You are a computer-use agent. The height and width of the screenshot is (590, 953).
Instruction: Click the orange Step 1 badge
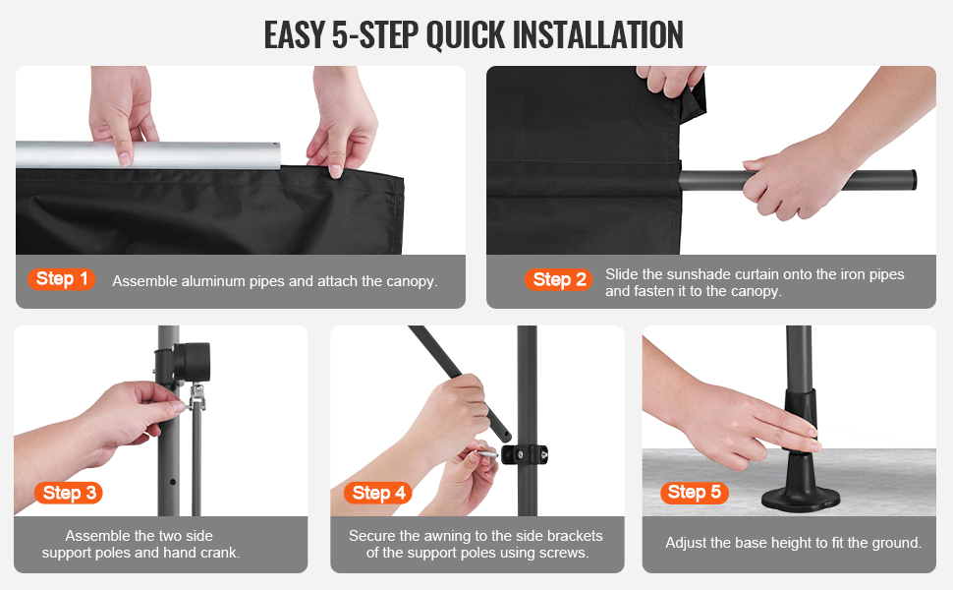[x=61, y=279]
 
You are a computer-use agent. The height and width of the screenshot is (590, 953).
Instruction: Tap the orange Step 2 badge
[x=559, y=280]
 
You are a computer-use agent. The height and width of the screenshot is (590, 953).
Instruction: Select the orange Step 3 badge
[x=69, y=493]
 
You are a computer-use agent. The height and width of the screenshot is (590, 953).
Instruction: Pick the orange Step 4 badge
[x=378, y=493]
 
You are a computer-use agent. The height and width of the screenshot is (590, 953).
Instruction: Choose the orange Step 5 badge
[x=694, y=492]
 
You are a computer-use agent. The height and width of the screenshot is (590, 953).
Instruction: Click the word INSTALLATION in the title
[x=598, y=34]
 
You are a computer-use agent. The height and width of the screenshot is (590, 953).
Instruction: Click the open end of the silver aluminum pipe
[x=276, y=155]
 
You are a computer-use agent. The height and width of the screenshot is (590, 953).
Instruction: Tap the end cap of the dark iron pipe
[x=913, y=180]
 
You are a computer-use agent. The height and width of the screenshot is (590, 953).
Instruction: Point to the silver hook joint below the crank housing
[x=196, y=396]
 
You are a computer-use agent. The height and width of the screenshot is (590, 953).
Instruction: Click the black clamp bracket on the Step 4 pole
[x=525, y=453]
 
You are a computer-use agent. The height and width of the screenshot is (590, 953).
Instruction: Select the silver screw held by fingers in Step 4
[x=487, y=453]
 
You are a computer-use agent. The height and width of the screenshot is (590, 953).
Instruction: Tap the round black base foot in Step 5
[x=802, y=497]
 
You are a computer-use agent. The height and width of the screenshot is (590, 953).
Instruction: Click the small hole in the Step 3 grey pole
[x=173, y=482]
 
